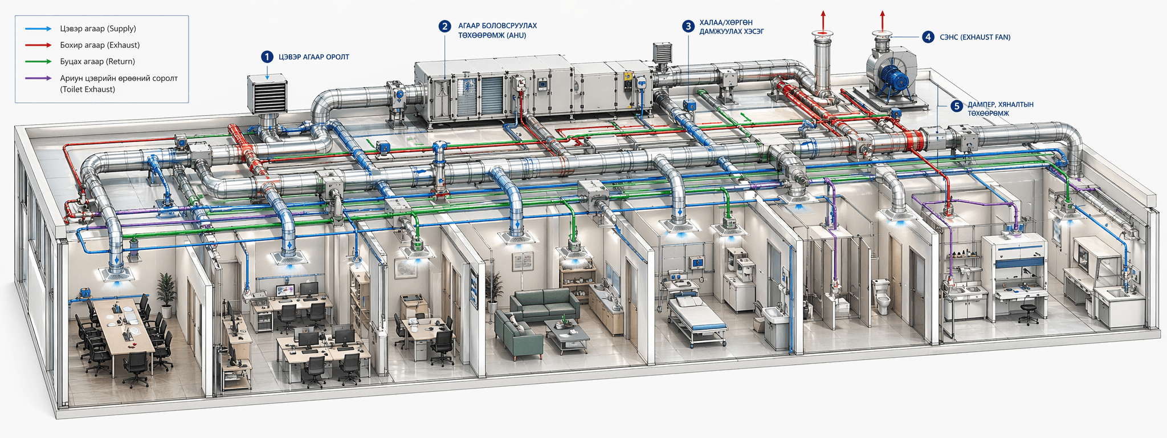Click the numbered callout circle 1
click(x=267, y=56)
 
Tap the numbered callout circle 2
click(x=445, y=26)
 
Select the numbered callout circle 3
click(x=688, y=26)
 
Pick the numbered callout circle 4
click(x=928, y=37)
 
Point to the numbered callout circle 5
click(x=957, y=106)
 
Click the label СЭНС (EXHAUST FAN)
click(x=975, y=37)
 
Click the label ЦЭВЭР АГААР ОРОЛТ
click(x=313, y=57)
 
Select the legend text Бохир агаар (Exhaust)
click(x=100, y=45)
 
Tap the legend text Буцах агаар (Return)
click(x=97, y=62)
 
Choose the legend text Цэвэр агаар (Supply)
click(x=98, y=29)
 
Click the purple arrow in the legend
click(x=38, y=78)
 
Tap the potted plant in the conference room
click(x=166, y=293)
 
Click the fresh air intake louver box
click(x=266, y=94)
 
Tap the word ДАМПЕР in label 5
click(x=982, y=105)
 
